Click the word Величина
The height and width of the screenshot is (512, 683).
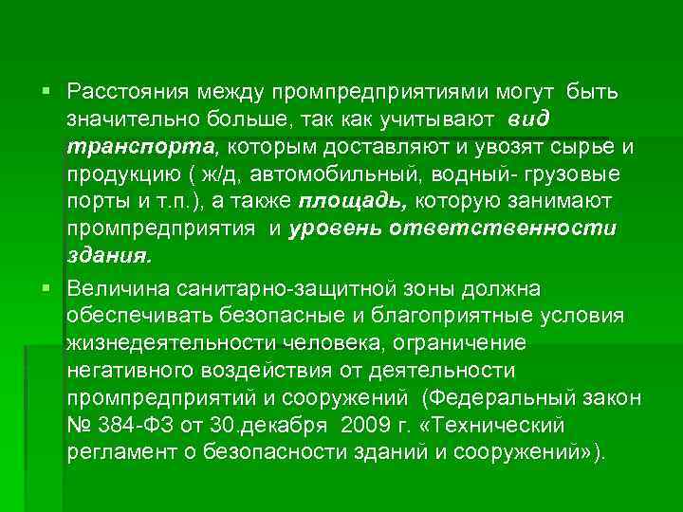116,287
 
